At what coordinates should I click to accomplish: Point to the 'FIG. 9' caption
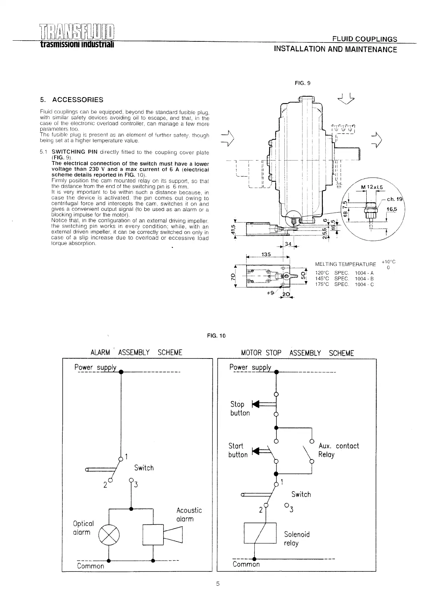pyautogui.click(x=303, y=83)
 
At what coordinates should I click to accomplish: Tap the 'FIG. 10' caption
pyautogui.click(x=216, y=336)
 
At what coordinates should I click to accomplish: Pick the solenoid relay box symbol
pyautogui.click(x=260, y=533)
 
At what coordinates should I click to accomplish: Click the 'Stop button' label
pyautogui.click(x=240, y=408)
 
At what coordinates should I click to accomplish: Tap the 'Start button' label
pyautogui.click(x=238, y=450)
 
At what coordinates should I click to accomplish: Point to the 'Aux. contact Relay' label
pyautogui.click(x=338, y=450)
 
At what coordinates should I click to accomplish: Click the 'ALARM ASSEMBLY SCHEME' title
pyautogui.click(x=136, y=353)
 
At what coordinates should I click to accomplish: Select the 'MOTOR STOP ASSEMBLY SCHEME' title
pyautogui.click(x=298, y=353)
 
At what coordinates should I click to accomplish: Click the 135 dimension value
pyautogui.click(x=266, y=254)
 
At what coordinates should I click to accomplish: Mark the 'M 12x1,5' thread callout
pyautogui.click(x=372, y=187)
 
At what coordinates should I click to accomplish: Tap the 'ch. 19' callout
pyautogui.click(x=394, y=199)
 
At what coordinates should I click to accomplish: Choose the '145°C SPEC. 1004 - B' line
pyautogui.click(x=344, y=279)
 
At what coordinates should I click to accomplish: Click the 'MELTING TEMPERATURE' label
pyautogui.click(x=345, y=264)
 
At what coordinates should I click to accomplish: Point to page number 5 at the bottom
pyautogui.click(x=218, y=584)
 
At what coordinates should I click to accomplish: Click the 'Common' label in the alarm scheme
pyautogui.click(x=91, y=566)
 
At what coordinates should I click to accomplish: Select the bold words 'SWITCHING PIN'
pyautogui.click(x=74, y=152)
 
